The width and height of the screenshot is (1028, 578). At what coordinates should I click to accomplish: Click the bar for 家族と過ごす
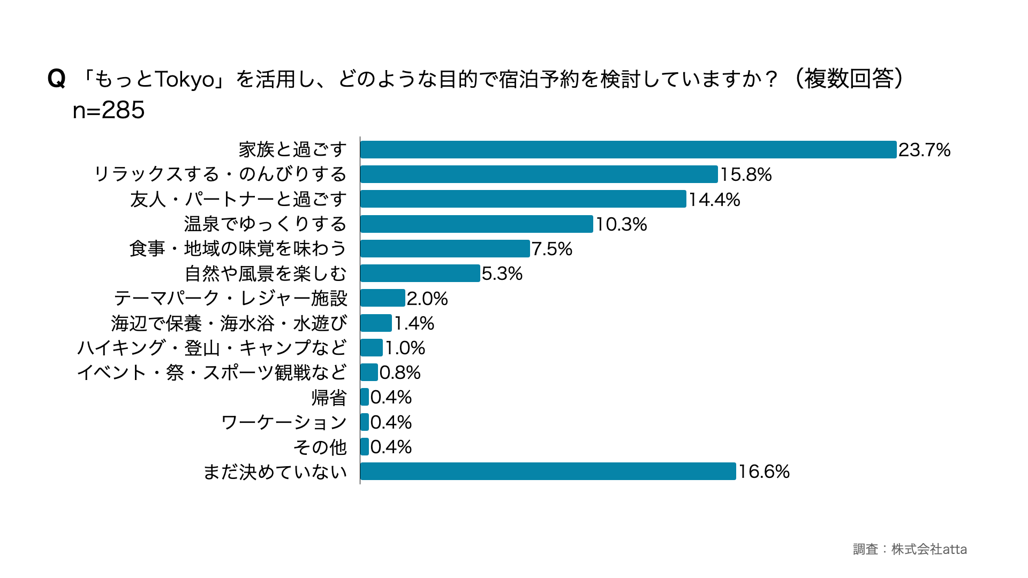(x=628, y=150)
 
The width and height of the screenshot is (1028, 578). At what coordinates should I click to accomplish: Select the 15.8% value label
(x=745, y=174)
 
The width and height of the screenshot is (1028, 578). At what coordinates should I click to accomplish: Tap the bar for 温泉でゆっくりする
(x=477, y=224)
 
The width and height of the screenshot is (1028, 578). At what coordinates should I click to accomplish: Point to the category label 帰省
(x=329, y=398)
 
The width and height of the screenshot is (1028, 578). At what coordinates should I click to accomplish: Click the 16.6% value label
(x=764, y=471)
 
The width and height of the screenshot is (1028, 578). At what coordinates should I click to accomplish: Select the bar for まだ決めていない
(x=548, y=471)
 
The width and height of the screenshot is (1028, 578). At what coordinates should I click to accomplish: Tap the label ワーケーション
(x=284, y=422)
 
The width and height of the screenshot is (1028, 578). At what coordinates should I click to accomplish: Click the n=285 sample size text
(x=109, y=110)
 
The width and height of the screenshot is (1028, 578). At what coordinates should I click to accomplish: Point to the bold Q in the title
(x=56, y=79)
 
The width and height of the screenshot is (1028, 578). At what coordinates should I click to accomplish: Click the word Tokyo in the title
(x=185, y=79)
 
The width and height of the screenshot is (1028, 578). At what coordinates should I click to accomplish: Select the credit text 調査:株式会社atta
(x=909, y=549)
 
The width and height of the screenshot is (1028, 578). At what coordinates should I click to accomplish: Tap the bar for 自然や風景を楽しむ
(x=420, y=273)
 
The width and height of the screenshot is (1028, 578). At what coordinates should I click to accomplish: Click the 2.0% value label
(x=427, y=299)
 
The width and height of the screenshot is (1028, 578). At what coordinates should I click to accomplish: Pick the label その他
(x=320, y=447)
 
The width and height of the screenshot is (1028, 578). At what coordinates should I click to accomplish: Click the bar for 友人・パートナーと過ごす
(x=523, y=199)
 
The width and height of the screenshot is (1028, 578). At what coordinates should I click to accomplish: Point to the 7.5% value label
(x=551, y=249)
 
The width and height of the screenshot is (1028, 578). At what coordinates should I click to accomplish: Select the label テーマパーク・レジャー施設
(x=230, y=298)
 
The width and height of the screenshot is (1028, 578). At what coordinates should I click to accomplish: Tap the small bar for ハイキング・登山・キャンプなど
(x=371, y=348)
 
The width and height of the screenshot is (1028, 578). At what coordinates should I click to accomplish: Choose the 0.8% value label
(x=399, y=372)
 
